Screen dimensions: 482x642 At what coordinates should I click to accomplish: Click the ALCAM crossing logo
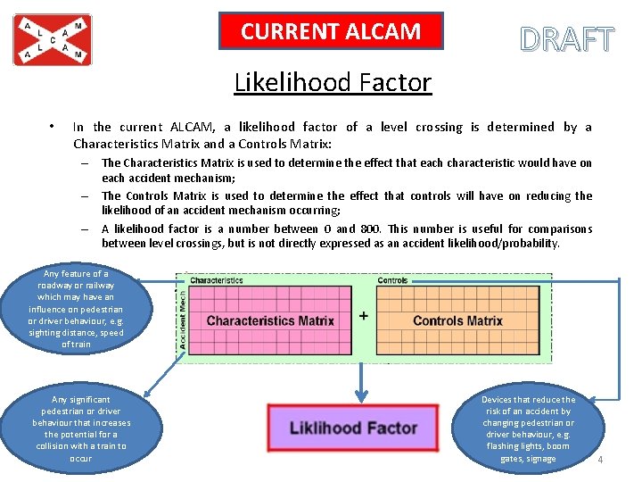pos(52,39)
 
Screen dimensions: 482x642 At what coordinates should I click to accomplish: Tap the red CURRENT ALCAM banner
pos(331,32)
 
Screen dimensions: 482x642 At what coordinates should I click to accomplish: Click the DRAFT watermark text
pos(567,40)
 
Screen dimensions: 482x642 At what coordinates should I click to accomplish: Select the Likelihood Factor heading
pos(333,83)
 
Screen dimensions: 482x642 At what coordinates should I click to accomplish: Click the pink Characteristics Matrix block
pos(270,320)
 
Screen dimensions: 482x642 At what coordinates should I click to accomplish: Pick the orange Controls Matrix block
pos(457,320)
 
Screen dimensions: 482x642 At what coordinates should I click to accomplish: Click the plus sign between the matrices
pos(364,316)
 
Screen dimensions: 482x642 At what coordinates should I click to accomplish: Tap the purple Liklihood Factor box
pos(353,428)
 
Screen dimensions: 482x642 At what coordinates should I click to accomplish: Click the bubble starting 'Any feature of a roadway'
pos(76,309)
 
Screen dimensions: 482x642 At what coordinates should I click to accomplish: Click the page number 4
pos(600,460)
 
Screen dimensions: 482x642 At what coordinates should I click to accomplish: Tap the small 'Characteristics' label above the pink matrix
pos(216,280)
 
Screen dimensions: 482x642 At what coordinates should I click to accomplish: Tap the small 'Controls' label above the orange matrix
pos(392,280)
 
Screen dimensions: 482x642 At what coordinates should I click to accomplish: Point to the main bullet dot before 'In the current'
pos(54,127)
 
